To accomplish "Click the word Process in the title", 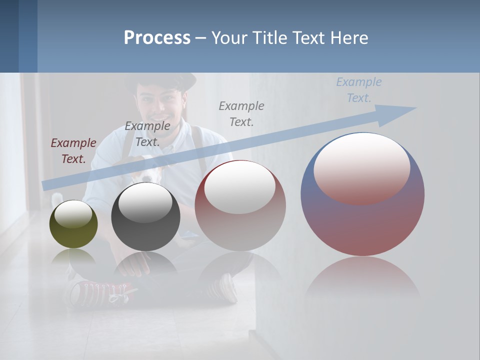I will pos(157,38).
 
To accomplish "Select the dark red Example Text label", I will pos(73,150).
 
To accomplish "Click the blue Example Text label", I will pos(358,89).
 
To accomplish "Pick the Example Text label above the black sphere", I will pos(147,133).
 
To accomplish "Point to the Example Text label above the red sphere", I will pos(241,113).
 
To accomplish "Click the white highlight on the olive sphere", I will pos(73,214).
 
